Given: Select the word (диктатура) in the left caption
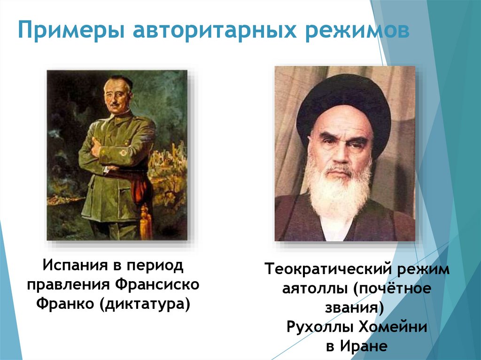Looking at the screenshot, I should (x=145, y=304).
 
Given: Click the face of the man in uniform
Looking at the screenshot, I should (x=118, y=96).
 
